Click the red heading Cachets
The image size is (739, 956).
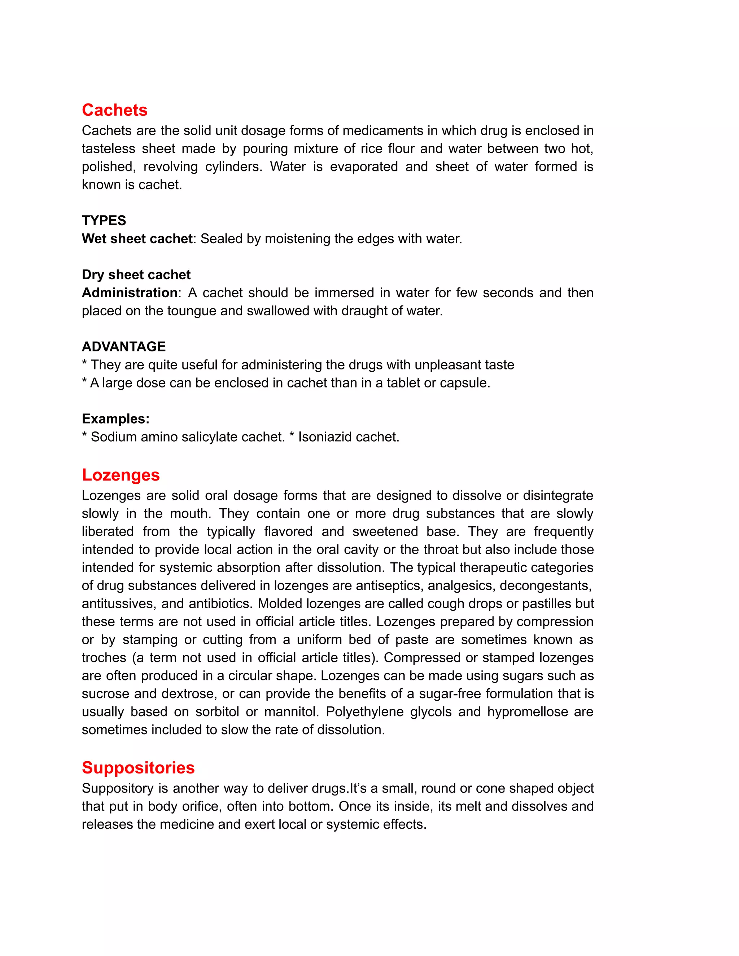[115, 110]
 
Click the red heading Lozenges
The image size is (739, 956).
[121, 475]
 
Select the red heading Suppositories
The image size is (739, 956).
[138, 768]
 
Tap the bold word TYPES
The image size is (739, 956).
[104, 220]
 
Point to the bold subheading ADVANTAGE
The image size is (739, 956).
[123, 347]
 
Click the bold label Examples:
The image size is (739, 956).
[115, 419]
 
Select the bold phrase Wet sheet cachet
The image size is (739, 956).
[137, 238]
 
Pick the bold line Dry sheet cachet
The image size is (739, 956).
[136, 275]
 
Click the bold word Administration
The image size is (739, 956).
[130, 293]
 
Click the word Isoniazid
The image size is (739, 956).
[325, 437]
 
